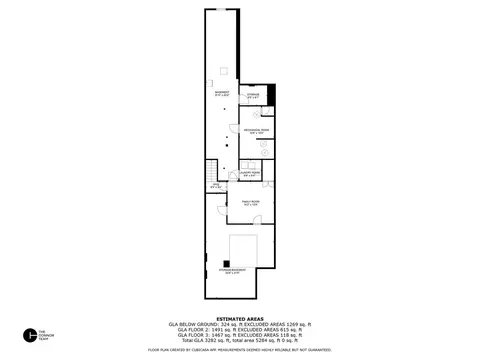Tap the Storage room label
point(253,96)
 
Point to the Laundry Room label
point(249,173)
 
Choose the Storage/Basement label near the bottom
point(236,270)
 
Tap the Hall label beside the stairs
point(215,186)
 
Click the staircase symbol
point(211,170)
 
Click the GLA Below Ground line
point(239,324)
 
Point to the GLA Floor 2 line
point(239,330)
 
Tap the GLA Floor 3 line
point(239,336)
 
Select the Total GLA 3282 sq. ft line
point(239,342)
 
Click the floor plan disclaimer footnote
point(239,350)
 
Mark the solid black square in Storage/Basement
point(222,264)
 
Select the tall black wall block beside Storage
point(270,101)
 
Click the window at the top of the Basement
point(220,9)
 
